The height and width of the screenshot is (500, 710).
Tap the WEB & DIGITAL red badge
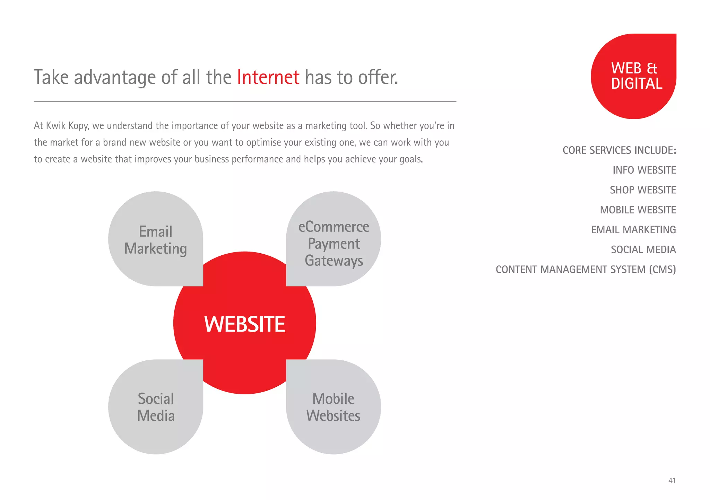[x=634, y=76]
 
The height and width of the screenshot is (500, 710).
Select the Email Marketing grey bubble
[x=156, y=239]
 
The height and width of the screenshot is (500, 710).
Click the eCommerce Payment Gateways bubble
[x=334, y=243]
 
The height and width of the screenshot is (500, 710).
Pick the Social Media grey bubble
[x=156, y=407]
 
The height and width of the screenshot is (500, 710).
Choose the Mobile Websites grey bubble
[x=334, y=407]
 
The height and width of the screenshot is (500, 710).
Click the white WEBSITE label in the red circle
[x=244, y=324]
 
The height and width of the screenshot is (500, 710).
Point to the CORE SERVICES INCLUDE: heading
[x=619, y=150]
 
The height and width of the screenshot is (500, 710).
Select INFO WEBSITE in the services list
[x=644, y=170]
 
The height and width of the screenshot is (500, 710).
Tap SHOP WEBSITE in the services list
[x=643, y=190]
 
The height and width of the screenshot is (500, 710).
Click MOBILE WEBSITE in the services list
[x=638, y=210]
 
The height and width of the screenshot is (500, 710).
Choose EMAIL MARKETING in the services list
[x=633, y=229]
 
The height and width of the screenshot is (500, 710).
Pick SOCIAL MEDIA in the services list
[x=643, y=249]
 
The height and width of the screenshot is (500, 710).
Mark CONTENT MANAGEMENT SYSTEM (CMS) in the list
[x=586, y=269]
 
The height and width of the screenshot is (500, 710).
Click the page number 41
[x=672, y=481]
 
